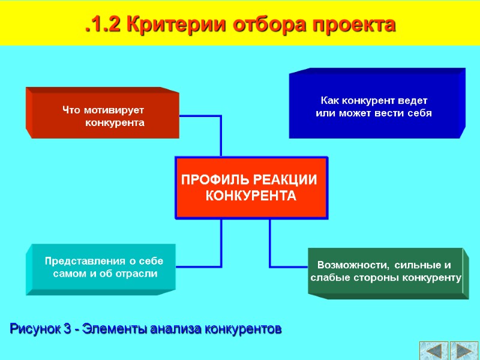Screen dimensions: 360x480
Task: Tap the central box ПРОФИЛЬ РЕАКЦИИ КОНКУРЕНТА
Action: pos(251,188)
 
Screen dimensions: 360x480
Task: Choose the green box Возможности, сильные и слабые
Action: pos(385,272)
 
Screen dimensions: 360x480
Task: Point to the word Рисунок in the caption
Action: pos(35,329)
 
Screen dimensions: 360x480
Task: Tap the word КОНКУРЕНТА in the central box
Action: pos(251,196)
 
